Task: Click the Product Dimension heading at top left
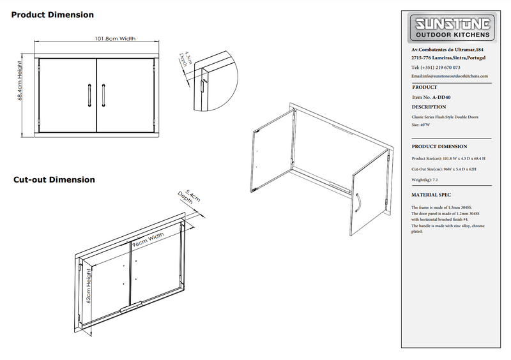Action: point(54,15)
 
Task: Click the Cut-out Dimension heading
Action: point(54,180)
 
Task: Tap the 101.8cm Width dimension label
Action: point(116,39)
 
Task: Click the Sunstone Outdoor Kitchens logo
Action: point(454,29)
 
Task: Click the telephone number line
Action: point(436,67)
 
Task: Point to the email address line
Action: point(450,76)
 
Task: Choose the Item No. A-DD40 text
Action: point(432,97)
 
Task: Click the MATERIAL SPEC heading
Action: point(433,195)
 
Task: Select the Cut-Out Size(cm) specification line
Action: point(445,169)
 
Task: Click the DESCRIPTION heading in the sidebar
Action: point(429,107)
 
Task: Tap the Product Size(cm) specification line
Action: point(448,158)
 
